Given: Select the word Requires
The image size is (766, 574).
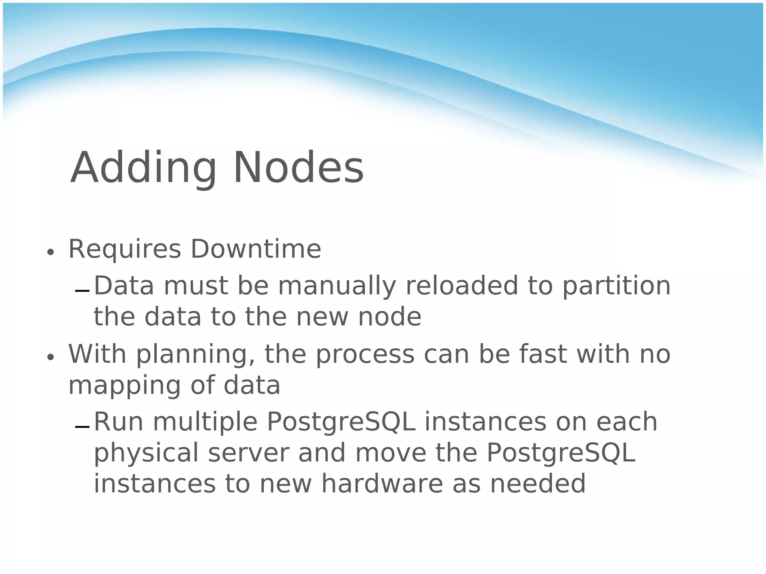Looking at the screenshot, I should (125, 249).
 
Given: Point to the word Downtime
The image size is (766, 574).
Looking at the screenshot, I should (256, 249).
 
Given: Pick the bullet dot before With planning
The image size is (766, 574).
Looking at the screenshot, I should (50, 357).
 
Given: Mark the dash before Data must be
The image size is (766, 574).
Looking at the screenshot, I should (82, 291).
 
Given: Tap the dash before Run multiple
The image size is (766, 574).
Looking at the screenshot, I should (82, 427).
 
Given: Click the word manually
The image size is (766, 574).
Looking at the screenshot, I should (337, 286).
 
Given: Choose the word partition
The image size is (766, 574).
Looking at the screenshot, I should (616, 286).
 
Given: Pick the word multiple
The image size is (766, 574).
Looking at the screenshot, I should (205, 422).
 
